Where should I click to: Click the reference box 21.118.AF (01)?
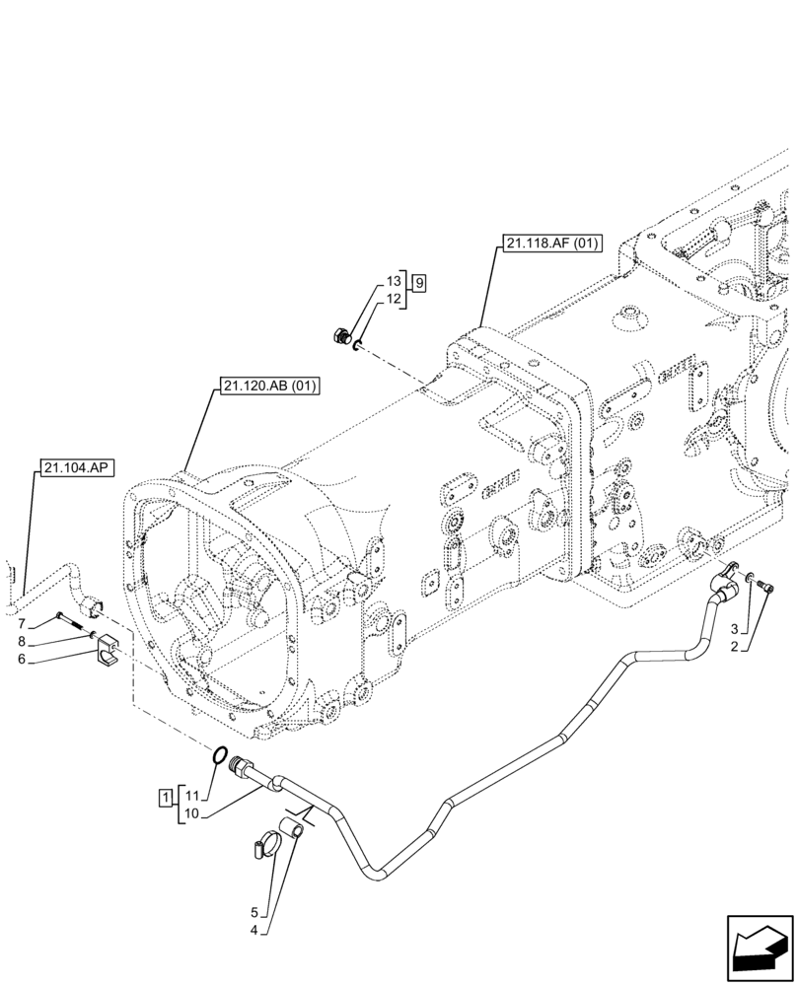[x=550, y=242]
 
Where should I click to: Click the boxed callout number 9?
[x=419, y=284]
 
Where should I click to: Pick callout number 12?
[x=393, y=300]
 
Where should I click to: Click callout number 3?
[x=734, y=629]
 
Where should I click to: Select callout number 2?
[x=734, y=647]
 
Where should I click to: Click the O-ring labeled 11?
[x=220, y=756]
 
